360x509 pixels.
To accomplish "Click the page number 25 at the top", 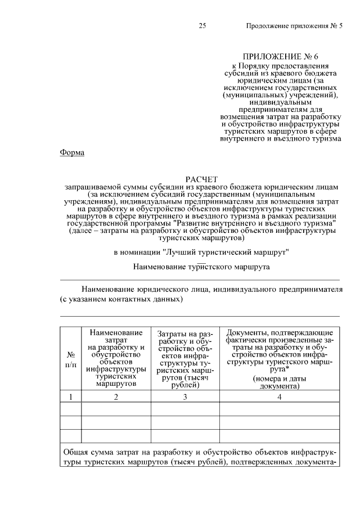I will coord(203,26).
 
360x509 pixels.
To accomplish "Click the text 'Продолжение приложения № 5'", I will coord(294,26).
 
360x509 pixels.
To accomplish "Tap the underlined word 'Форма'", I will coord(72,152).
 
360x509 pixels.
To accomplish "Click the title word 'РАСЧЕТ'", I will coord(201,179).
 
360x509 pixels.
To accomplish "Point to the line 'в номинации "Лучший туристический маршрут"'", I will coord(201,252).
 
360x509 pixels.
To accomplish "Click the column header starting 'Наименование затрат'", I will coord(116,358).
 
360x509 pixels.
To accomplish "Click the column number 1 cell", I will coord(71,397).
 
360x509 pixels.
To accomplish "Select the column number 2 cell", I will coord(116,397).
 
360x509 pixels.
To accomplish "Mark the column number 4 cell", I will coord(279,397).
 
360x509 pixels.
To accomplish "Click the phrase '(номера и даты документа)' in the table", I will coord(279,382).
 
